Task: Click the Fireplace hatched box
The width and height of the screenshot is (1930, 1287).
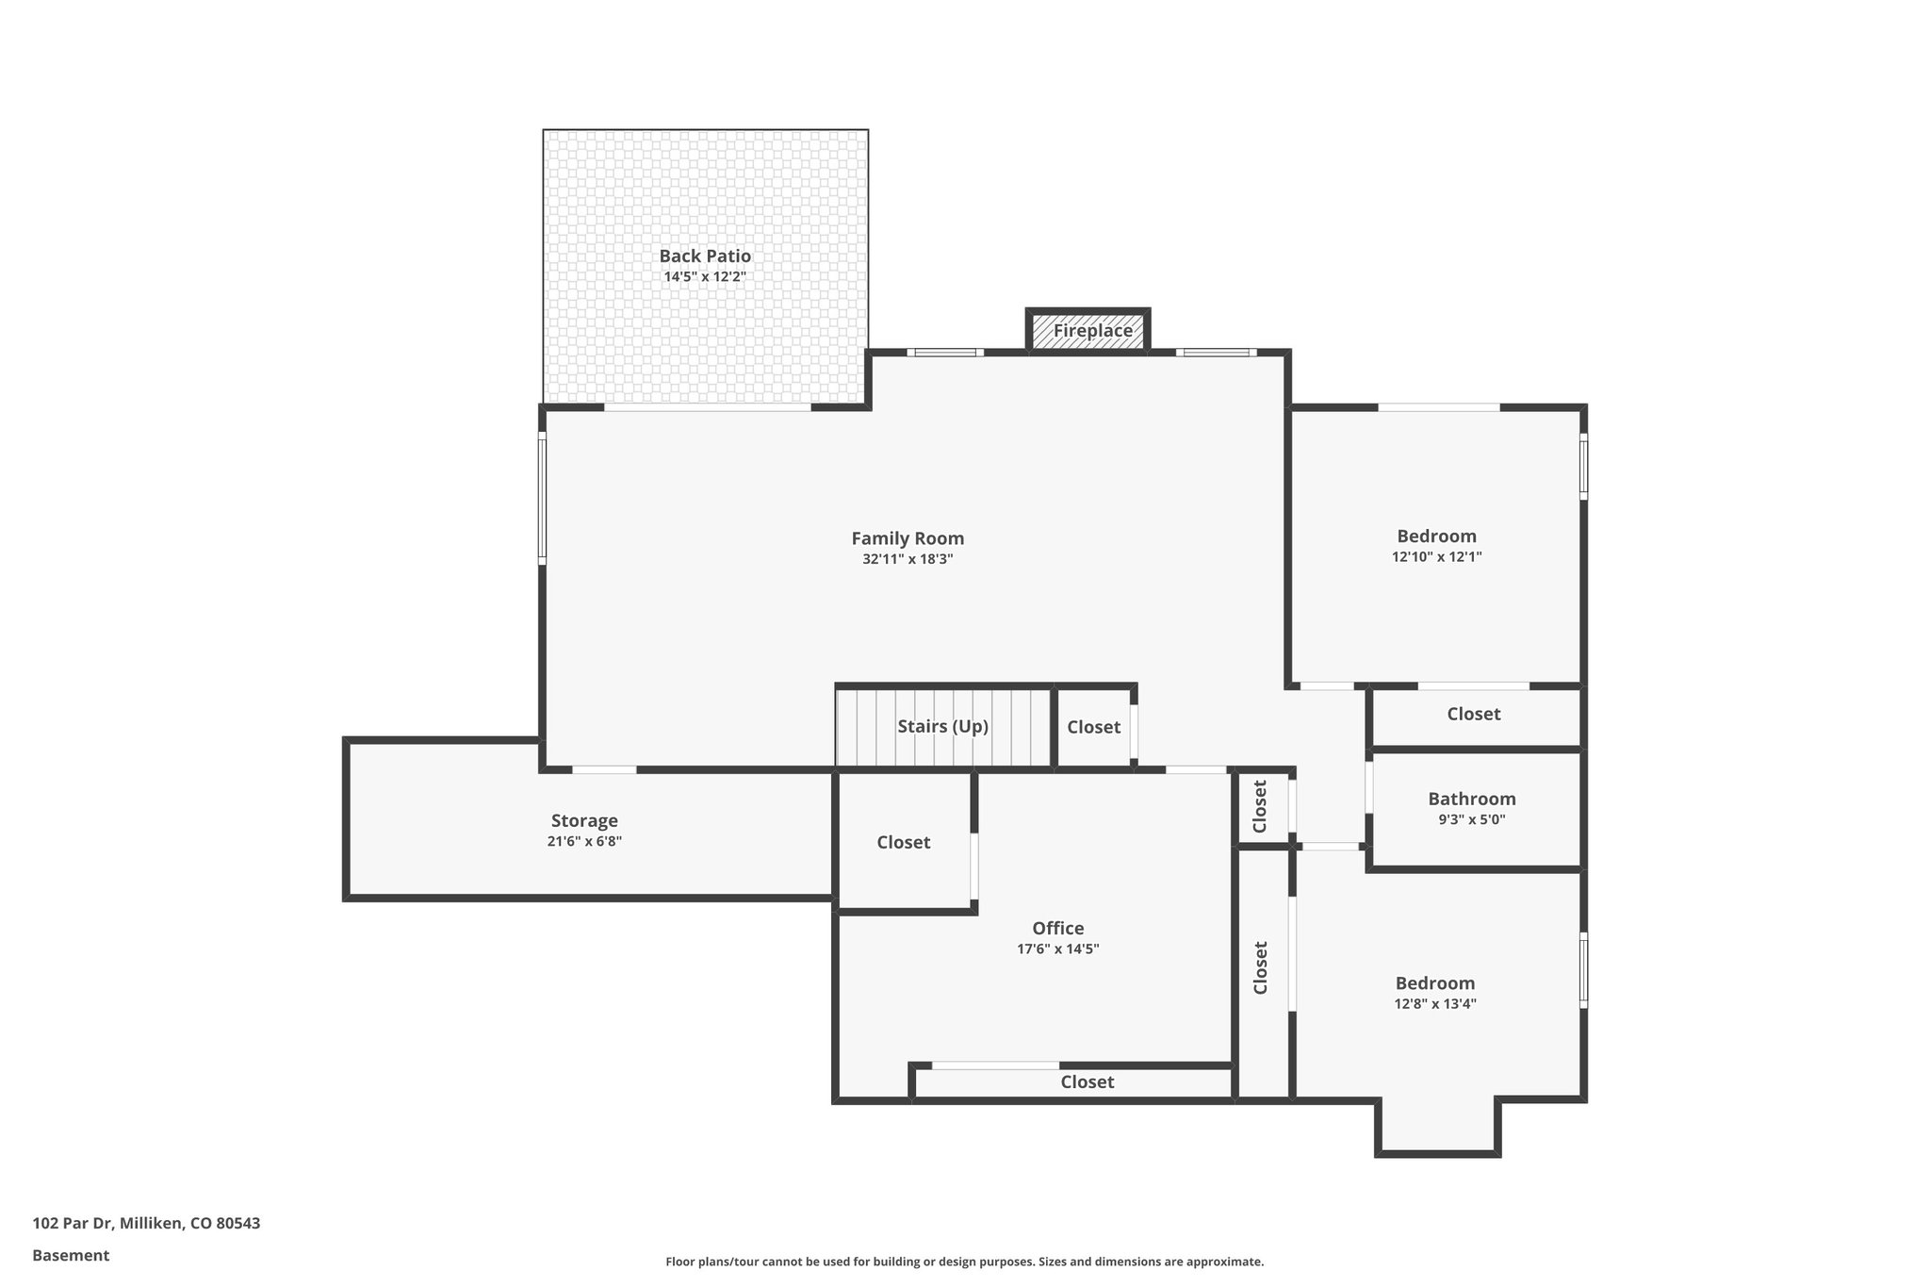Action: click(1088, 331)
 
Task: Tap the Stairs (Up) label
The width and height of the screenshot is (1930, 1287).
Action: click(942, 726)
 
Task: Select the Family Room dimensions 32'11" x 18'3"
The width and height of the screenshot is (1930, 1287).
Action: click(908, 559)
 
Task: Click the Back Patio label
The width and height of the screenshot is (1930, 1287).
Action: click(705, 256)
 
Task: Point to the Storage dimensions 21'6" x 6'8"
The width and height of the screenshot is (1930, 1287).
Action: click(584, 841)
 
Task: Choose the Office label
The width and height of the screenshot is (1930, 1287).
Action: click(1057, 928)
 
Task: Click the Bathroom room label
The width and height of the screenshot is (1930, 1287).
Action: click(1471, 799)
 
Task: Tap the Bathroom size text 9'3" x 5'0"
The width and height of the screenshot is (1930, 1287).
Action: click(1471, 819)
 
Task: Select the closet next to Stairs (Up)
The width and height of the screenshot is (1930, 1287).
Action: click(1093, 727)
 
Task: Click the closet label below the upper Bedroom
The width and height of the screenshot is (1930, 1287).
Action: click(1473, 714)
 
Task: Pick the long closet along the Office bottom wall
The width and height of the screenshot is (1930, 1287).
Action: click(1087, 1081)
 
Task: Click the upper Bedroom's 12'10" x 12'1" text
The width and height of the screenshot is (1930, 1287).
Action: click(1436, 557)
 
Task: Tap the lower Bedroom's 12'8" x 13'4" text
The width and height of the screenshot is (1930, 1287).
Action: click(1434, 1004)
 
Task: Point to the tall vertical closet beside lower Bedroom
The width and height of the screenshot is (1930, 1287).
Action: click(1261, 967)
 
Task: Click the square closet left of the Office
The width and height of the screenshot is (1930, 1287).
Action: click(903, 842)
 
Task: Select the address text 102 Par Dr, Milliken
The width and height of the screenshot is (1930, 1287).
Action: click(146, 1224)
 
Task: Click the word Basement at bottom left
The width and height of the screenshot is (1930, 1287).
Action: click(71, 1256)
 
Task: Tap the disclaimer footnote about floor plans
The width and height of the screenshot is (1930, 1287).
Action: click(964, 1262)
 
